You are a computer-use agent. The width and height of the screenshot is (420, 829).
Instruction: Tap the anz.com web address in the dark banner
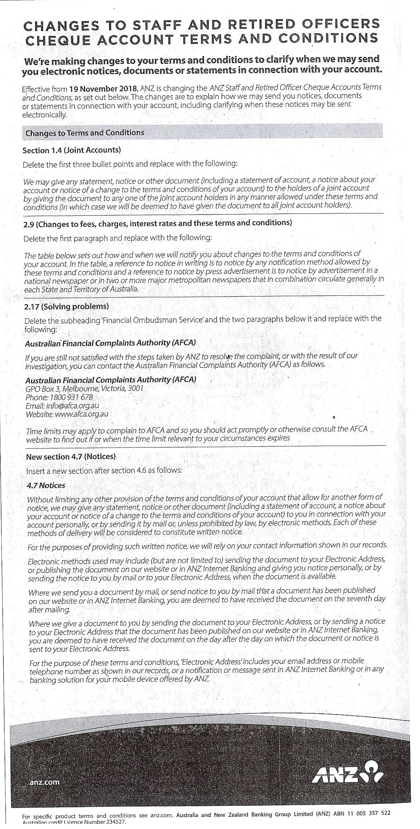(x=44, y=781)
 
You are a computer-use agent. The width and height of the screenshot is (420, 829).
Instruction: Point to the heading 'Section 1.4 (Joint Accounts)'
(x=72, y=150)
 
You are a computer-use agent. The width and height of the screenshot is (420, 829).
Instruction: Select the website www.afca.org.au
(x=81, y=414)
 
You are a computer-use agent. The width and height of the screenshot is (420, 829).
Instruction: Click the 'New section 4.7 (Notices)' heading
(x=71, y=456)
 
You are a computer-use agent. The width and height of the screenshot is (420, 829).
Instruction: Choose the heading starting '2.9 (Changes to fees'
(x=157, y=223)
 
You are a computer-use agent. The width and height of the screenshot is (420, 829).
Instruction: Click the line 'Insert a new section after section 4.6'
(x=104, y=471)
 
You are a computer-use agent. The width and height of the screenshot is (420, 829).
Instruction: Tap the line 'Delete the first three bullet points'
(x=129, y=164)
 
